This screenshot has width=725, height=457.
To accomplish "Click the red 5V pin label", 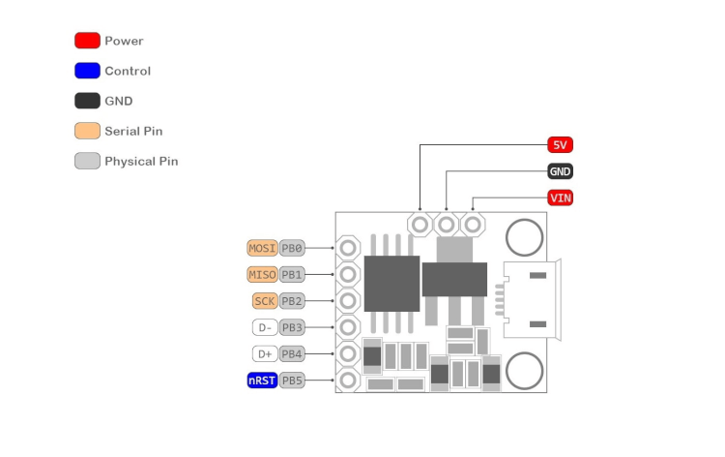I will click(560, 145).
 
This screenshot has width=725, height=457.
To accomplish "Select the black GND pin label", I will click(560, 171).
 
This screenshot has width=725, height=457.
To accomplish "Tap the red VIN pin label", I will click(560, 198).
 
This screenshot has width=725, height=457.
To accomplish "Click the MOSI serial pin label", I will click(262, 248).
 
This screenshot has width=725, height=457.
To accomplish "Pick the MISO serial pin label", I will click(262, 274).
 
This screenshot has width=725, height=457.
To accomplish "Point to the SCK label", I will click(265, 300).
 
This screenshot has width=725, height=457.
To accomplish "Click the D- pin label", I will click(265, 327).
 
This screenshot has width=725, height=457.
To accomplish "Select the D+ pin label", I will click(265, 353).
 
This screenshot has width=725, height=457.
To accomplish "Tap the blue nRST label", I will click(262, 381).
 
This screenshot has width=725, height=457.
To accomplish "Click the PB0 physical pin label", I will click(292, 248).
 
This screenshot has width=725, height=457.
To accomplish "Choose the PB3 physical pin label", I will click(292, 327).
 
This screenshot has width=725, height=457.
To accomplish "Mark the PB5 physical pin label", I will click(292, 381).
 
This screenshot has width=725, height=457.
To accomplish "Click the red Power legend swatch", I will click(87, 41).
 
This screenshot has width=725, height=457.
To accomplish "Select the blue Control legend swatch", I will click(87, 71).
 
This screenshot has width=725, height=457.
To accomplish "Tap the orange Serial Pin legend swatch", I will click(87, 131).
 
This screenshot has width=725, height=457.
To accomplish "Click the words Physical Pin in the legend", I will click(141, 161).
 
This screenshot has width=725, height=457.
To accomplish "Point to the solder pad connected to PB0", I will click(348, 248).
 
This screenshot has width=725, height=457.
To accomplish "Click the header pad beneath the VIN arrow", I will click(472, 225).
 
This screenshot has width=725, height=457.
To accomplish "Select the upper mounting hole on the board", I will click(524, 236).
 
